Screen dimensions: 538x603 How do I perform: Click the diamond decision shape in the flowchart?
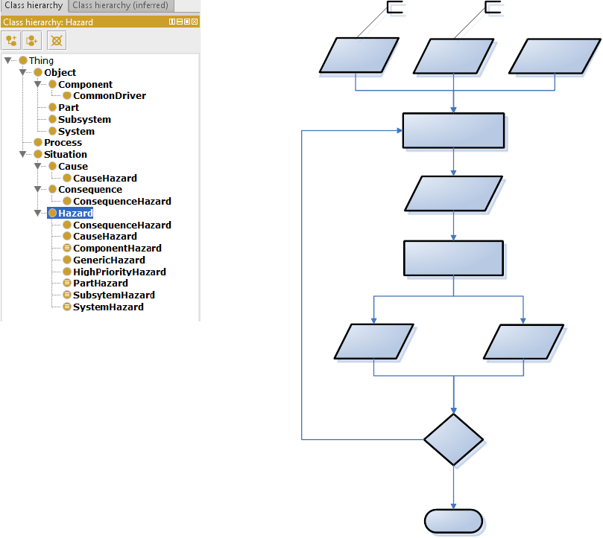[453, 439]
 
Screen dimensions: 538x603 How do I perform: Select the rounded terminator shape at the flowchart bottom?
[453, 521]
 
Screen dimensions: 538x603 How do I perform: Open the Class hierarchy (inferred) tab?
[121, 6]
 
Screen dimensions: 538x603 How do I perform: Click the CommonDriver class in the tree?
[109, 96]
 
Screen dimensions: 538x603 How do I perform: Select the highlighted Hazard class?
[75, 213]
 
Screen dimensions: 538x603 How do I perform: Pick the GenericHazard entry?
[109, 260]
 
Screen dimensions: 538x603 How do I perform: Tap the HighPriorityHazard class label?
[119, 272]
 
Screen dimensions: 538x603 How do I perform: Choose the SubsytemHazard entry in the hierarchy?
[113, 295]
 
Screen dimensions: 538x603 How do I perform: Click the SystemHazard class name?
[108, 307]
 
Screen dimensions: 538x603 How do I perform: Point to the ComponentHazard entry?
[117, 248]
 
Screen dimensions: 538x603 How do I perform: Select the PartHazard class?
[101, 283]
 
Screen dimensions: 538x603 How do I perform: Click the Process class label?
[63, 142]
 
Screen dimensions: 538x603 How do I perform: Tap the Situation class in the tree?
[65, 154]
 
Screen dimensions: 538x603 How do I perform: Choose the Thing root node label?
[41, 61]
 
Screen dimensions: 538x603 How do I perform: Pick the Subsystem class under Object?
[84, 119]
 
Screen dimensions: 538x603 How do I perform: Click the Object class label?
[60, 73]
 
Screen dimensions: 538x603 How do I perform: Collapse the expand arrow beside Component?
[38, 85]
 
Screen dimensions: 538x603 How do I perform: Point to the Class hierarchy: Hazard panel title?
[48, 22]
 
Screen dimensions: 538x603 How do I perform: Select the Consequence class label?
[89, 189]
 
